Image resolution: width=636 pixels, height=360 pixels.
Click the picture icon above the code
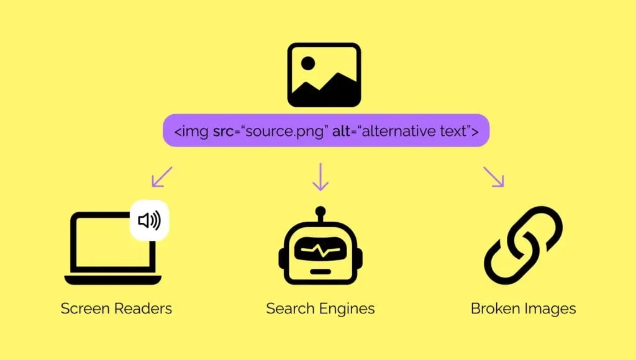coord(324,74)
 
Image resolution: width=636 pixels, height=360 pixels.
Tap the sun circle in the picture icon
coord(308,63)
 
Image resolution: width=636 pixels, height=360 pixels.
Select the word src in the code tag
coord(224,131)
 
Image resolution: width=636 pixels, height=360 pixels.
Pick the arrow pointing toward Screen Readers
coord(161,176)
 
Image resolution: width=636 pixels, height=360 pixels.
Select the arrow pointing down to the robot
coord(320,176)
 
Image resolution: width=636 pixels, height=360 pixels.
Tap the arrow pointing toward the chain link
coord(494,176)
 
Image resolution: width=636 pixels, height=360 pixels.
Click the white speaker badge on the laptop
coord(149,220)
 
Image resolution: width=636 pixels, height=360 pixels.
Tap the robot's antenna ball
coord(320,211)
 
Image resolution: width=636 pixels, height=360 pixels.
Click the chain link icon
coord(523,245)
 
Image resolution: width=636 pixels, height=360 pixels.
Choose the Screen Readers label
coord(116,308)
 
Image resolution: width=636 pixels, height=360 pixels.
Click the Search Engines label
coord(320,308)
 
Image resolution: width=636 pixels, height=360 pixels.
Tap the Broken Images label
coord(523,308)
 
